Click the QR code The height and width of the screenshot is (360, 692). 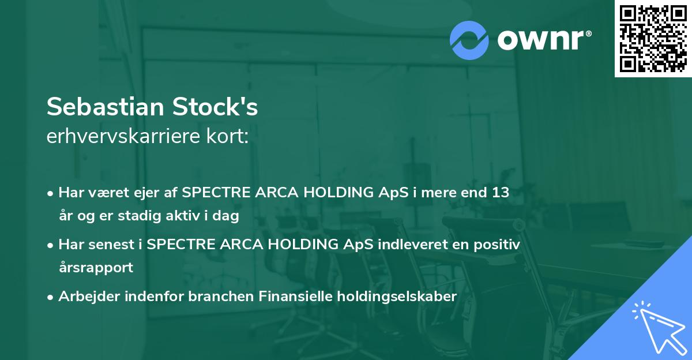click(653, 38)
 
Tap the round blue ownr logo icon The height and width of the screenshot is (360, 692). click(469, 40)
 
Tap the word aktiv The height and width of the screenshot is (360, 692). click(186, 216)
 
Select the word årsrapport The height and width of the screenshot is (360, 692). click(96, 268)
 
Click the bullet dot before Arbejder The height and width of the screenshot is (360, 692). click(51, 297)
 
